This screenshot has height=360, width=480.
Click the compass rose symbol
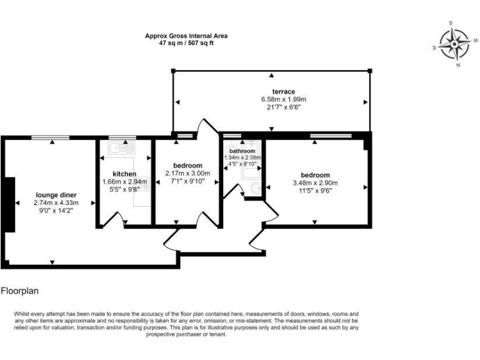click(x=454, y=44)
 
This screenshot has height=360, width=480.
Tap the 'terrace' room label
click(x=271, y=92)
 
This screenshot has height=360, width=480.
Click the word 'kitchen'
click(x=124, y=173)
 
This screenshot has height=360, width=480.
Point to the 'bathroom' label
click(x=242, y=151)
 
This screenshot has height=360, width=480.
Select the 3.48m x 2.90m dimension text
click(x=315, y=183)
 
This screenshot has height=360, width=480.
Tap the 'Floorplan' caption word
click(x=21, y=291)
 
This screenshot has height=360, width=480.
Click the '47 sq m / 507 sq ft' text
click(x=186, y=44)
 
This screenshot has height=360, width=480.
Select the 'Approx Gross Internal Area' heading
click(x=186, y=36)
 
